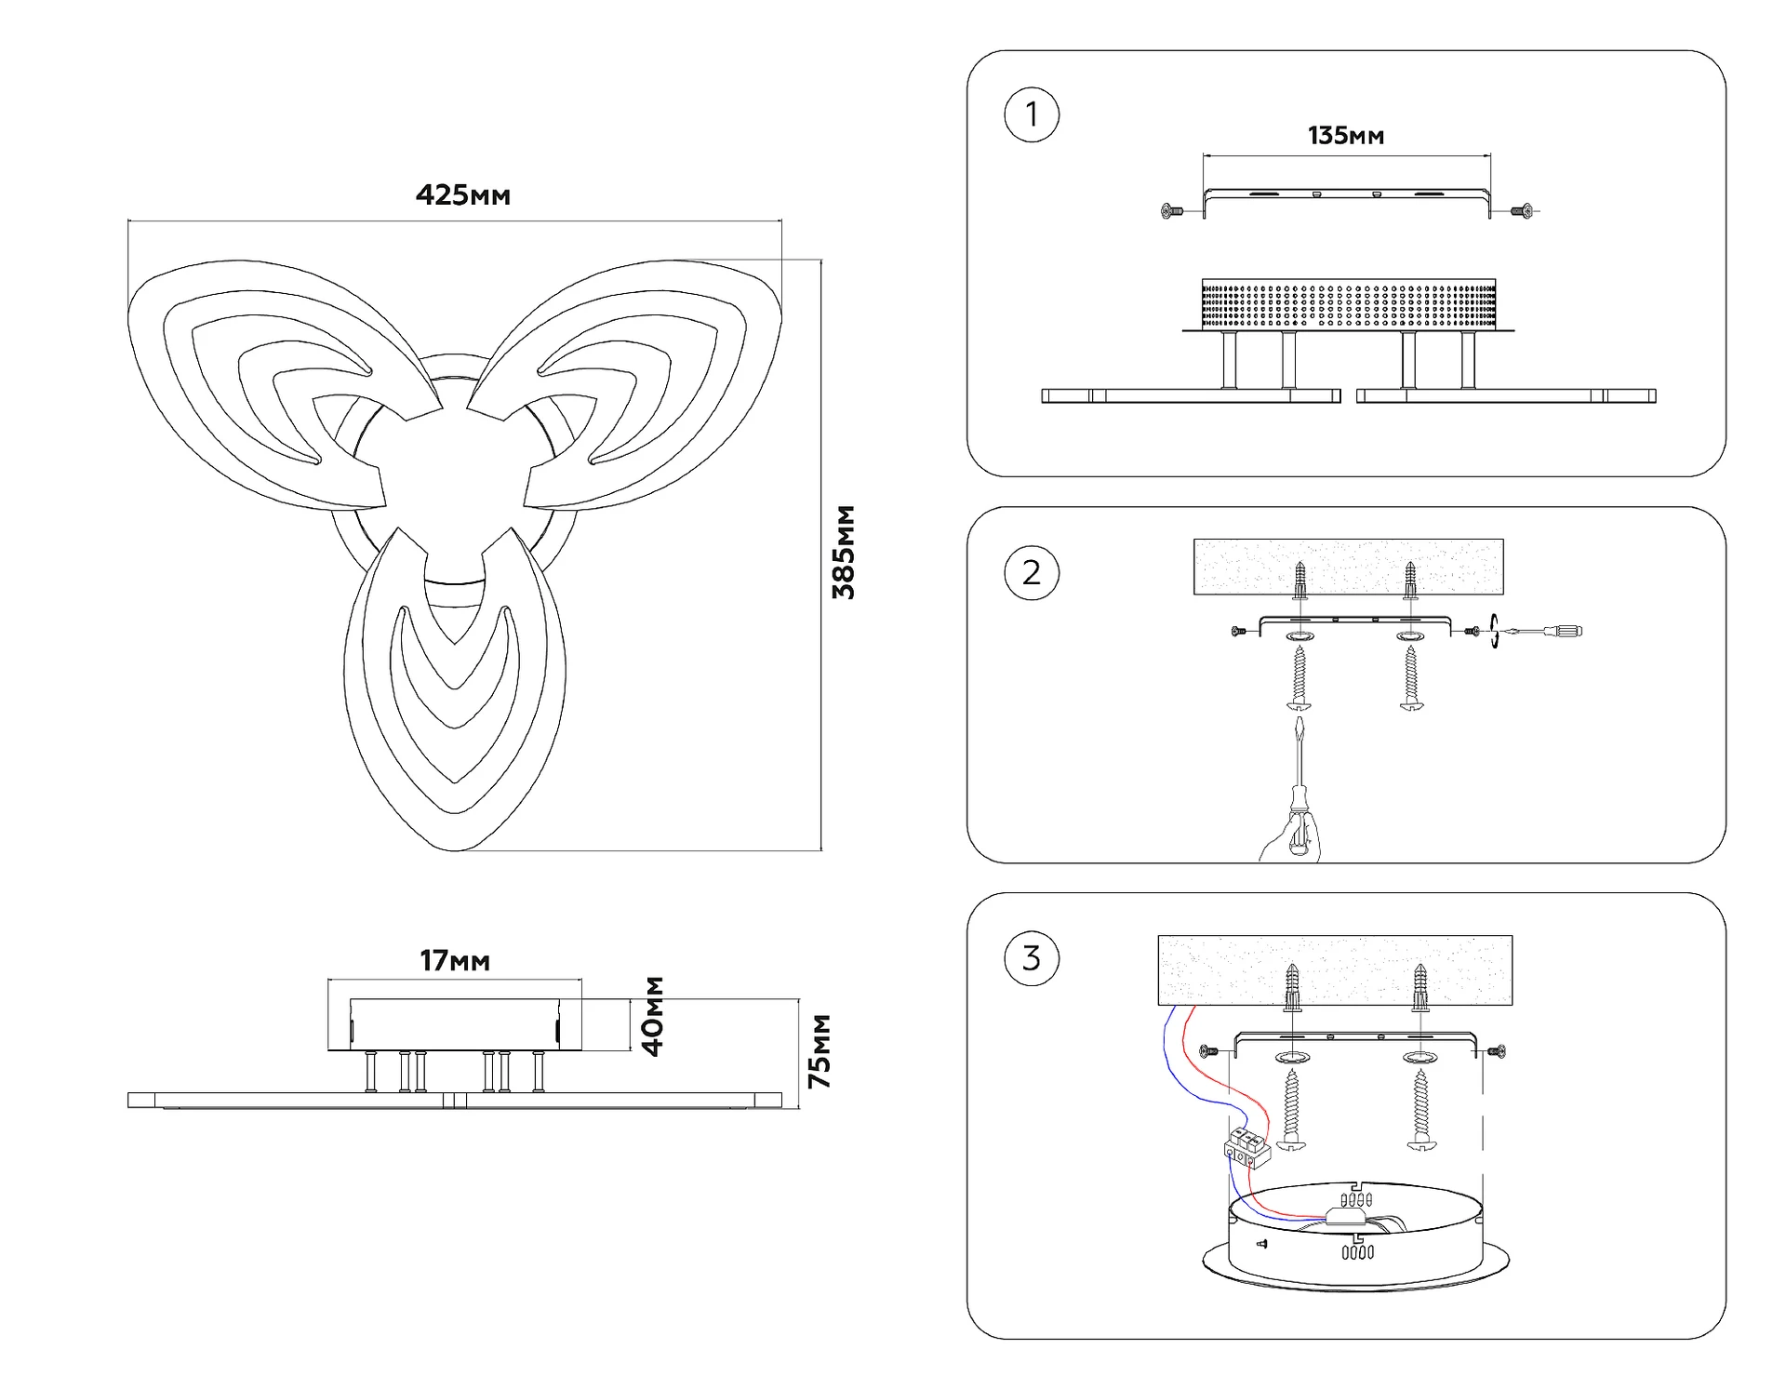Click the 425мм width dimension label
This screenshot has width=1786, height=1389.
click(x=462, y=195)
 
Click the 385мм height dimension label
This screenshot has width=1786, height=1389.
click(x=844, y=553)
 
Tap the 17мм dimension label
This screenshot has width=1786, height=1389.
click(x=454, y=960)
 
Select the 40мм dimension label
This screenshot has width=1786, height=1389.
click(x=654, y=1016)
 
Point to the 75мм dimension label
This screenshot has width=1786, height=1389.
click(x=820, y=1051)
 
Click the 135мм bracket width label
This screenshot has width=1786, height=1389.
click(x=1345, y=136)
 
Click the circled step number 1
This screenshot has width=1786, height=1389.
click(x=1032, y=114)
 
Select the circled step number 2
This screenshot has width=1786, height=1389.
click(x=1032, y=572)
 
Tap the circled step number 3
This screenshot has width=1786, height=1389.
click(x=1032, y=958)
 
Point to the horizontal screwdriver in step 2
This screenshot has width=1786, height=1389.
click(x=1544, y=632)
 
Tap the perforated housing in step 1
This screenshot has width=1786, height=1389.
click(x=1348, y=303)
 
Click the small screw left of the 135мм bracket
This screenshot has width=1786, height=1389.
click(x=1171, y=212)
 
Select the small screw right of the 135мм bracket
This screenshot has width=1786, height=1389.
click(x=1523, y=212)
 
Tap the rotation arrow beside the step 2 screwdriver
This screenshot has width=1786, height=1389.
click(x=1494, y=631)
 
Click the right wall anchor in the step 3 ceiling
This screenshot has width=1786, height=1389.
click(x=1419, y=987)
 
